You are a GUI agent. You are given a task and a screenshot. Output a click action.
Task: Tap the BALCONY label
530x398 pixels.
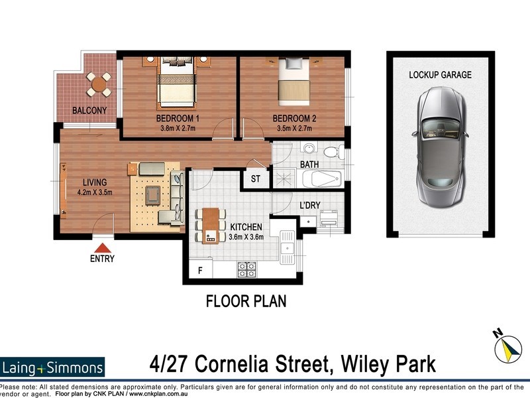(89, 110)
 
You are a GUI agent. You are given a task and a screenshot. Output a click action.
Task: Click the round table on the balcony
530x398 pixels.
(99, 84)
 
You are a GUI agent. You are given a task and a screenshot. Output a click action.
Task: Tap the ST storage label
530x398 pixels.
(255, 178)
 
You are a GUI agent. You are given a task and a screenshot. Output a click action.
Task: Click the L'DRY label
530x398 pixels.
(310, 206)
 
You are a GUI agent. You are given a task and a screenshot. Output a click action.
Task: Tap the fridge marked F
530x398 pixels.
(199, 270)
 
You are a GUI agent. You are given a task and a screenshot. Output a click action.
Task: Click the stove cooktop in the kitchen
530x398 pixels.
(247, 269)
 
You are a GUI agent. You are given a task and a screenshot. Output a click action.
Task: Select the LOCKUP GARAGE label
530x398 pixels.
(440, 75)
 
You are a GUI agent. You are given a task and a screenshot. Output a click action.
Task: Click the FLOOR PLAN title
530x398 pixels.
(246, 302)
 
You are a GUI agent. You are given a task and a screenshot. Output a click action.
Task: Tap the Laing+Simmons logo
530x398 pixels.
(53, 367)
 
